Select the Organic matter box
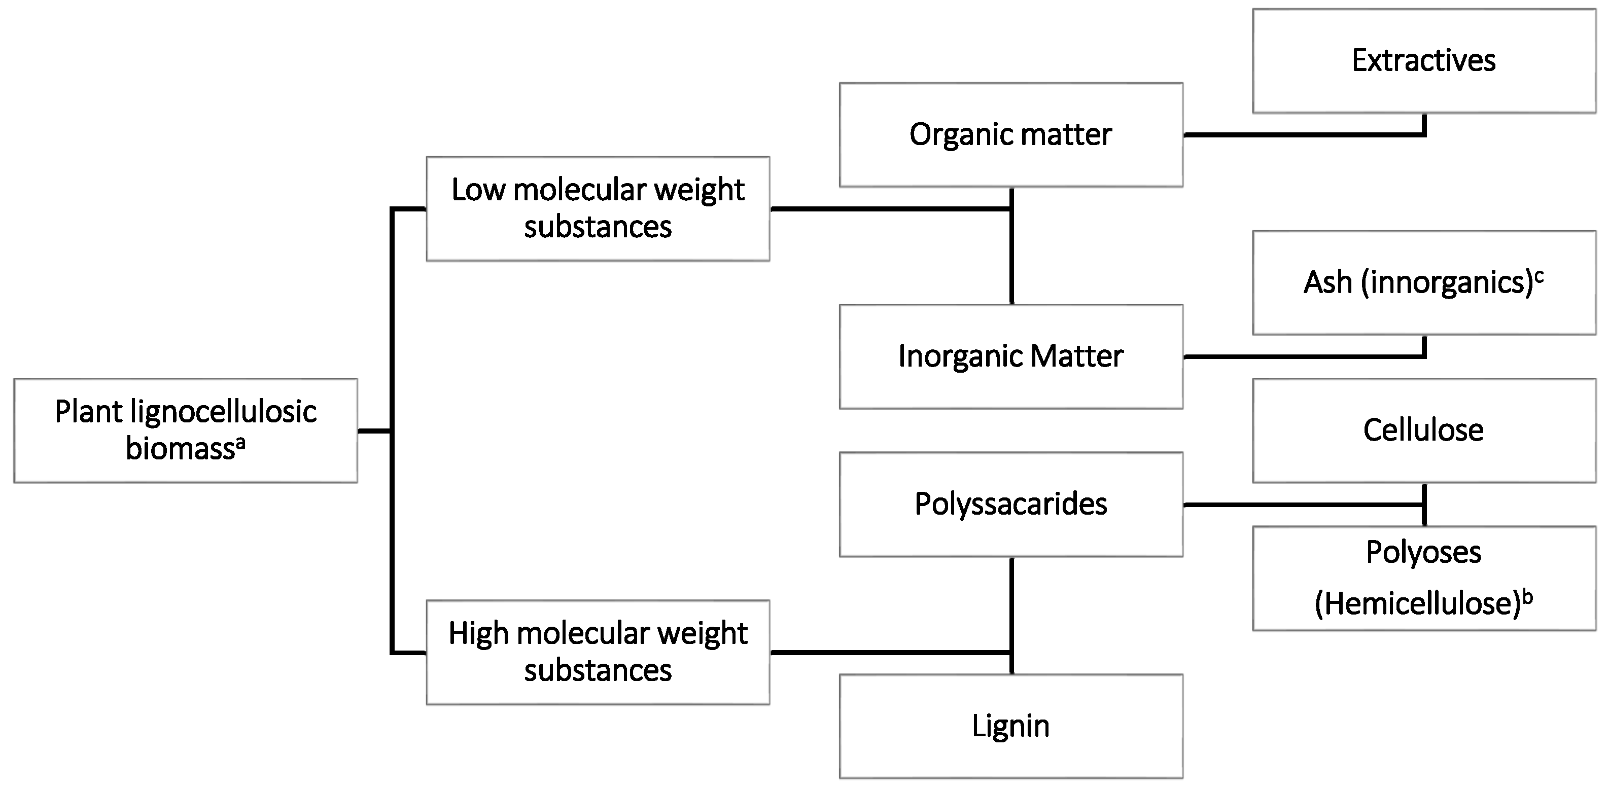[1010, 135]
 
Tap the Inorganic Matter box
[1010, 357]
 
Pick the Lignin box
[1010, 726]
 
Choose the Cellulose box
[1423, 430]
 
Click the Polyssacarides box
[1010, 504]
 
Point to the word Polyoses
[1423, 552]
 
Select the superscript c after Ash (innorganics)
[1540, 276]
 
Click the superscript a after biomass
[240, 443]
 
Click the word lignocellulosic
[224, 412]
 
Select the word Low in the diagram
[478, 190]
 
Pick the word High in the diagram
[478, 633]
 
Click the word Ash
[1327, 282]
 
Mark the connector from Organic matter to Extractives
[1305, 134]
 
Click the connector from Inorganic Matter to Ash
[1305, 356]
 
